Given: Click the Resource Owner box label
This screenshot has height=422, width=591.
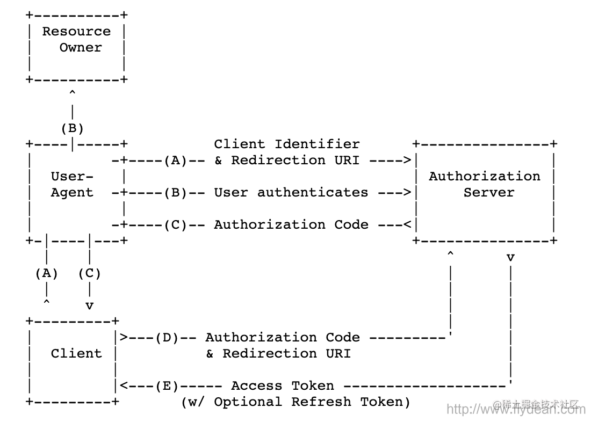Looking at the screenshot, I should [x=76, y=39].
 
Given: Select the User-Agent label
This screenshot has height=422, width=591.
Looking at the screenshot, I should [x=72, y=184].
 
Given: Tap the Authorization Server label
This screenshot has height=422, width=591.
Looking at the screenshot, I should [x=485, y=184].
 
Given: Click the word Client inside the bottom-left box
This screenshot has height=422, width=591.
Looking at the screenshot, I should [x=76, y=353].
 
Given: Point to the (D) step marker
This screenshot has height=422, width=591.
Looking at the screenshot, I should [x=167, y=337].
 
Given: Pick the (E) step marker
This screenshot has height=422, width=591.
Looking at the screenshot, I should [x=167, y=385].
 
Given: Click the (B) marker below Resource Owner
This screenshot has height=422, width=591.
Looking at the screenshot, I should [x=72, y=128].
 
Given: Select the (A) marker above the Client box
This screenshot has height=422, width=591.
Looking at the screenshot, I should [x=47, y=273].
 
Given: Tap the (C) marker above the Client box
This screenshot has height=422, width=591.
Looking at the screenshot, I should [x=89, y=273].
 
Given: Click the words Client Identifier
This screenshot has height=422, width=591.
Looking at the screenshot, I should [x=287, y=144].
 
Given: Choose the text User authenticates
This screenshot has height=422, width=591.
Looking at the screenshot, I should [x=291, y=192].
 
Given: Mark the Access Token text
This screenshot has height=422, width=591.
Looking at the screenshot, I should [x=283, y=385].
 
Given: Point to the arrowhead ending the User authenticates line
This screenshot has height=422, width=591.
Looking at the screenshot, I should [x=408, y=192].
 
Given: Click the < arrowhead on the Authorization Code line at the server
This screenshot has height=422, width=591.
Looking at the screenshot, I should [x=408, y=224].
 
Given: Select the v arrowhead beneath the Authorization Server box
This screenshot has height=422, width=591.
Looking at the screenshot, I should [x=510, y=258].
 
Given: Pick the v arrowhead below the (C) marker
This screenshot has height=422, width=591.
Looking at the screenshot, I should [x=89, y=306].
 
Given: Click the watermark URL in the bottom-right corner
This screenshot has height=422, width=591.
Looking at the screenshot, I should [x=516, y=409].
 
